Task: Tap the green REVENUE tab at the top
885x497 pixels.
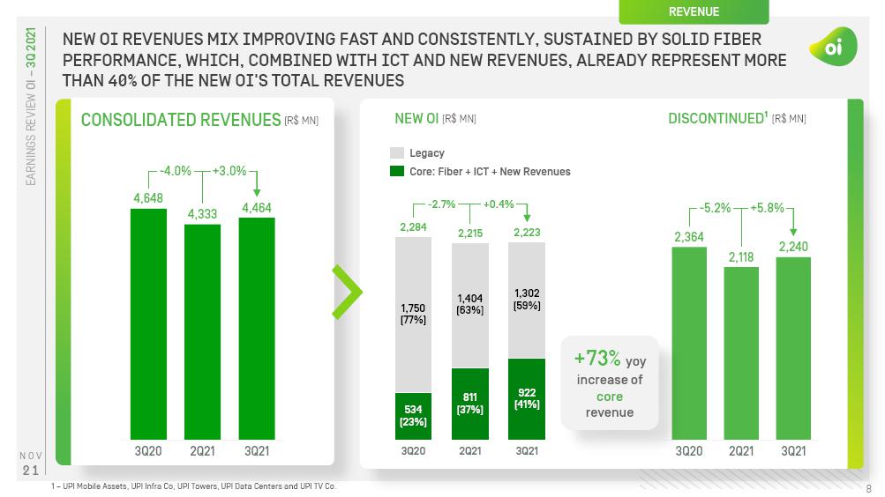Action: coord(694,11)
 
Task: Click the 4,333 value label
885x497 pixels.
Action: coord(202,214)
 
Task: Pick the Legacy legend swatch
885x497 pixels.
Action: coord(397,153)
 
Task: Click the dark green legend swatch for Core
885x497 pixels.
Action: coord(397,171)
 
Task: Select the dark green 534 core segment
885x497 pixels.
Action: coord(413,416)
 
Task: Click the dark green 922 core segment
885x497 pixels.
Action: coord(526,398)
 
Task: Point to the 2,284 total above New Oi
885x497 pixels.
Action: coord(413,227)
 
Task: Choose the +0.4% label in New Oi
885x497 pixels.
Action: coord(499,204)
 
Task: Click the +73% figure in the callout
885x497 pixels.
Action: coord(597,358)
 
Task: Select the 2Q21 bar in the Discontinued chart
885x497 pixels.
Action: coord(741,352)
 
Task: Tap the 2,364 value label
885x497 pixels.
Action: coord(689,236)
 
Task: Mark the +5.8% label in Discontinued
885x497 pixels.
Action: coord(767,208)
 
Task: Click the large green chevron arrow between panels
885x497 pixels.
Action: coord(346,290)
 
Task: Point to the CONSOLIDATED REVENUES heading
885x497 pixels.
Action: coord(180,120)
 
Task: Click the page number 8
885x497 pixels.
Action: coord(868,488)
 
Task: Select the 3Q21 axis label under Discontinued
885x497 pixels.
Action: coord(793,450)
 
